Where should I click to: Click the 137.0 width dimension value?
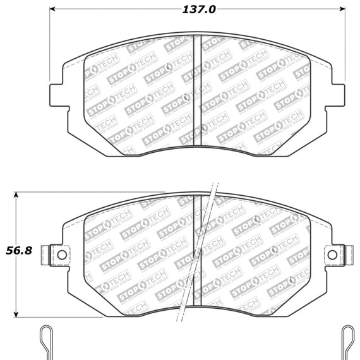coord(198,10)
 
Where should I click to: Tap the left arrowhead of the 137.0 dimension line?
coord(52,10)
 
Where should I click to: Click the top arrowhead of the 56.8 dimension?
coord(19,193)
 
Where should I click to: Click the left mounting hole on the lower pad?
coord(62,255)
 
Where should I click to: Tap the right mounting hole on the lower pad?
coord(332,255)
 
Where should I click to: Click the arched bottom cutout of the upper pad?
coord(197,147)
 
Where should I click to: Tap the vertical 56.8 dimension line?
coord(19,284)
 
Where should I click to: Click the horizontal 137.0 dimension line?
coord(126,10)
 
